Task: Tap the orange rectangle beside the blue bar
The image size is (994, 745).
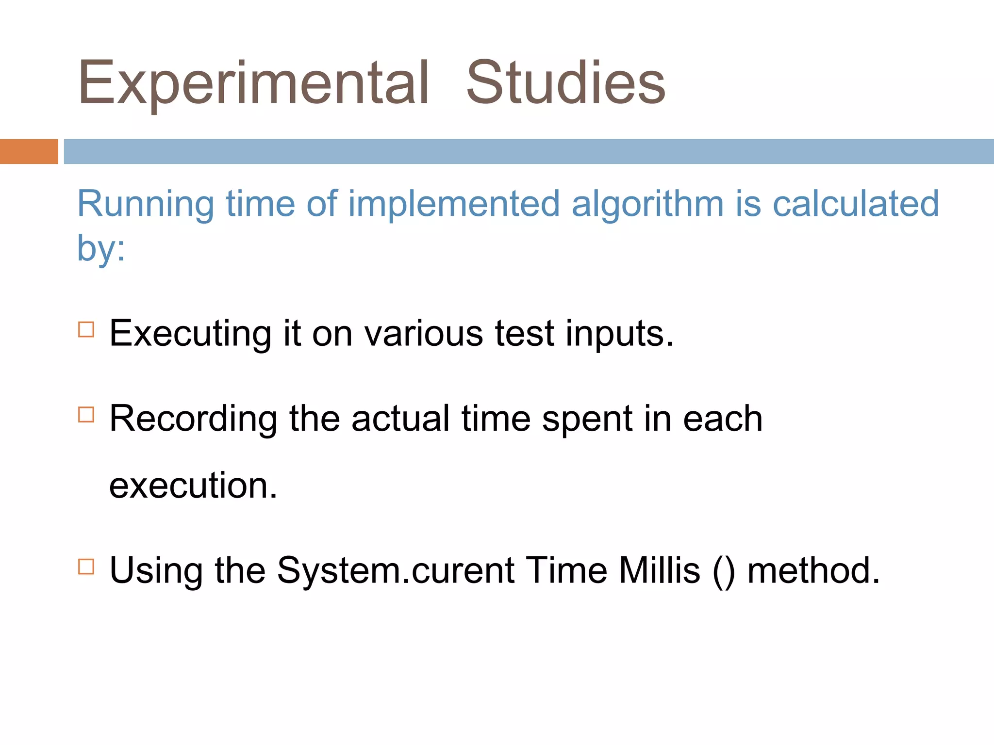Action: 29,151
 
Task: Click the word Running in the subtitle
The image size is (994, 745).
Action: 145,204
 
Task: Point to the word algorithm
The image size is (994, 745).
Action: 647,204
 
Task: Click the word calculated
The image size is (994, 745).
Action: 855,204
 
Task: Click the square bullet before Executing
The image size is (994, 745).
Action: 86,329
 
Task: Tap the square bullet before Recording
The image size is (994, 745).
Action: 86,415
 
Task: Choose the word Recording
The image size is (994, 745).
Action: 194,419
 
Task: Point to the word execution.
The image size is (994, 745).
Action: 193,486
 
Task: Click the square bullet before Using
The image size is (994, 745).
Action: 86,567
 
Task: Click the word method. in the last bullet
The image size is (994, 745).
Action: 813,570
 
